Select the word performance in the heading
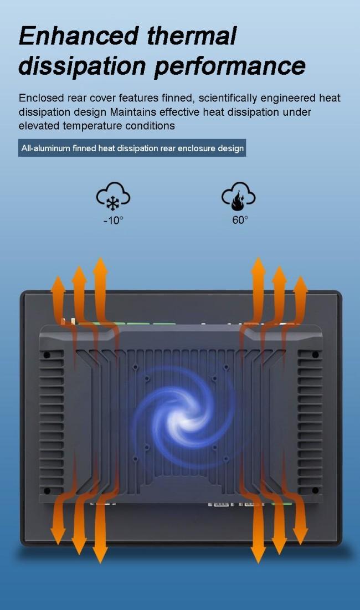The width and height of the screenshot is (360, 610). pyautogui.click(x=229, y=66)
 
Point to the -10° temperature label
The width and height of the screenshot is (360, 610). pyautogui.click(x=113, y=220)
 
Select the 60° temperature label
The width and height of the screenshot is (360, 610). pyautogui.click(x=240, y=220)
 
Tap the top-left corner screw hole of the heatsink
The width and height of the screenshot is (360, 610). pyautogui.click(x=47, y=355)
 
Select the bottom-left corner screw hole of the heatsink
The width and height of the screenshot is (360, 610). pyautogui.click(x=47, y=490)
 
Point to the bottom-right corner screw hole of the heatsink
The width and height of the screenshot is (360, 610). pyautogui.click(x=315, y=490)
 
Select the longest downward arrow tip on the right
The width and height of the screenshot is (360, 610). pyautogui.click(x=258, y=561)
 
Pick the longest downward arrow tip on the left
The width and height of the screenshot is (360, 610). pyautogui.click(x=100, y=561)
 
